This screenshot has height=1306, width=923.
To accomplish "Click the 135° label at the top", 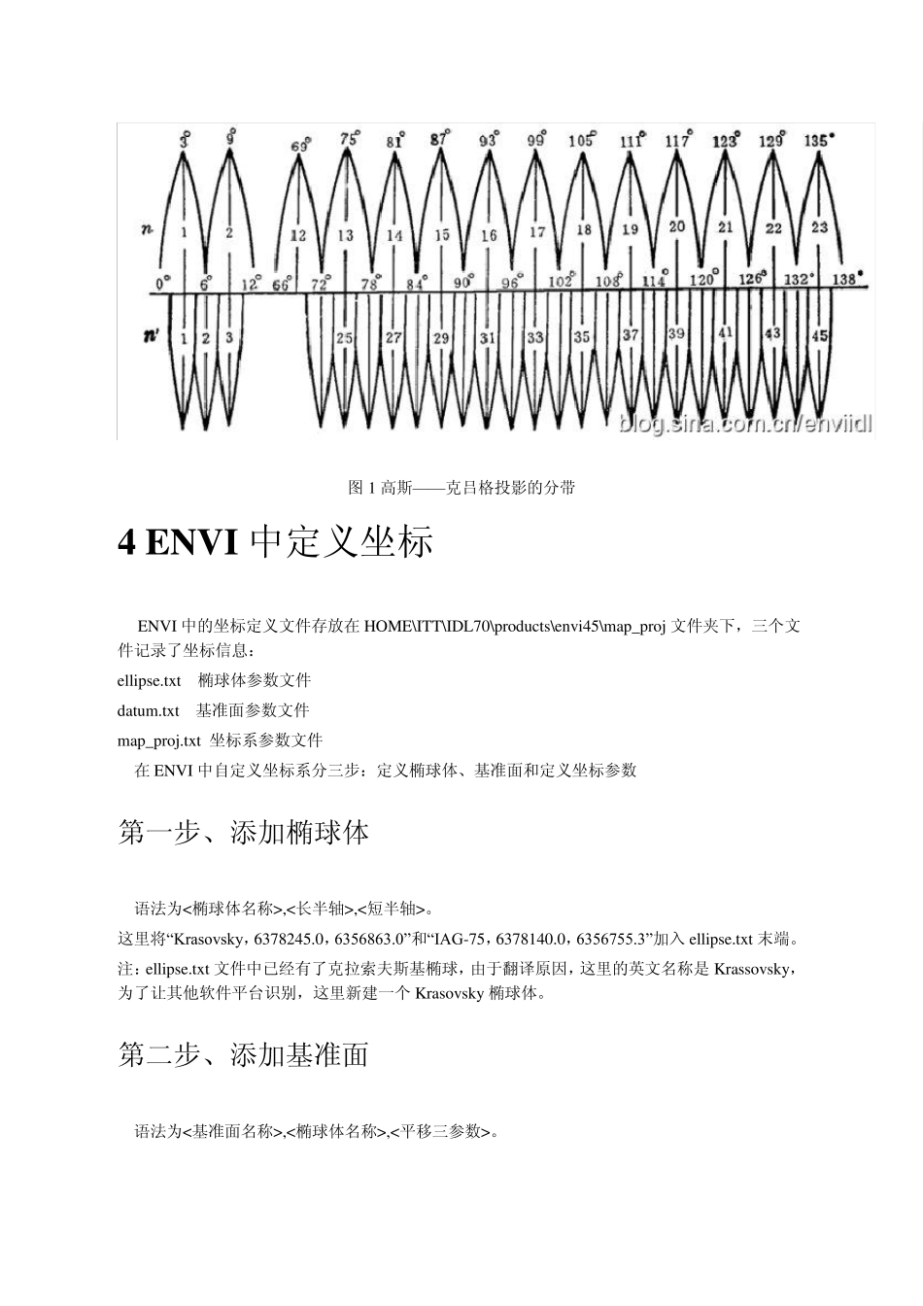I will [x=819, y=140].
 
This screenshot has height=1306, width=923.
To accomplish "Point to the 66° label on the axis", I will [x=283, y=284].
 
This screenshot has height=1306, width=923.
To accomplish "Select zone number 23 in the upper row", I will [x=819, y=226].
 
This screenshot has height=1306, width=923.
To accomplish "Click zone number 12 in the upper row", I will [x=298, y=235].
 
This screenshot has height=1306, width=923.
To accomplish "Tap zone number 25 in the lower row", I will [x=345, y=338].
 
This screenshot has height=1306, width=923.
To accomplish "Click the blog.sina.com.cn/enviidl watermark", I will [x=745, y=425].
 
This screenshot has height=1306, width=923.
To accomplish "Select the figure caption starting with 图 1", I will [x=461, y=487].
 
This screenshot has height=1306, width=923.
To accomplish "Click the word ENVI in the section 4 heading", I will [x=191, y=542].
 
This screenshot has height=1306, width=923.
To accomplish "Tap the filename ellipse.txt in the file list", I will [x=149, y=680].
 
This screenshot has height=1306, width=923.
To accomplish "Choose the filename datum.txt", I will [x=148, y=710].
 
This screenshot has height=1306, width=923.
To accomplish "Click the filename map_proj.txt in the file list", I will [x=158, y=740].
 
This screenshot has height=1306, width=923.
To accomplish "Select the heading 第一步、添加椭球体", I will [x=243, y=833].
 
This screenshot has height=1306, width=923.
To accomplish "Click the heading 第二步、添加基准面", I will [x=243, y=1054].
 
